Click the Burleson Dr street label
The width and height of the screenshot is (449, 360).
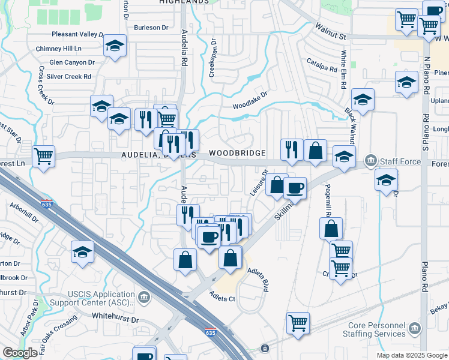tap(151, 28)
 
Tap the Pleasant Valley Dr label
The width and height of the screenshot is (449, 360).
tap(79, 34)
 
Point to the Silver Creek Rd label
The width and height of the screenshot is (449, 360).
tap(69, 77)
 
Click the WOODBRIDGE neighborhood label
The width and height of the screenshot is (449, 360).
tap(237, 154)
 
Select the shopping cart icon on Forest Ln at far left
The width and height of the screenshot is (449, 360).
tap(43, 157)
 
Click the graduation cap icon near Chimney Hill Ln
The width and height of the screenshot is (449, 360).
tap(114, 46)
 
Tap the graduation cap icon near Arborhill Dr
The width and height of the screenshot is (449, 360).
tap(82, 252)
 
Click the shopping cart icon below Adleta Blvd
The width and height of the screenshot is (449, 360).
tap(298, 323)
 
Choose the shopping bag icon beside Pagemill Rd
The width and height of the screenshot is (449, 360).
tap(331, 228)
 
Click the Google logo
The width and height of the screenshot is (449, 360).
tap(20, 353)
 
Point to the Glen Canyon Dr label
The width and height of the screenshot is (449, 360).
tap(72, 62)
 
